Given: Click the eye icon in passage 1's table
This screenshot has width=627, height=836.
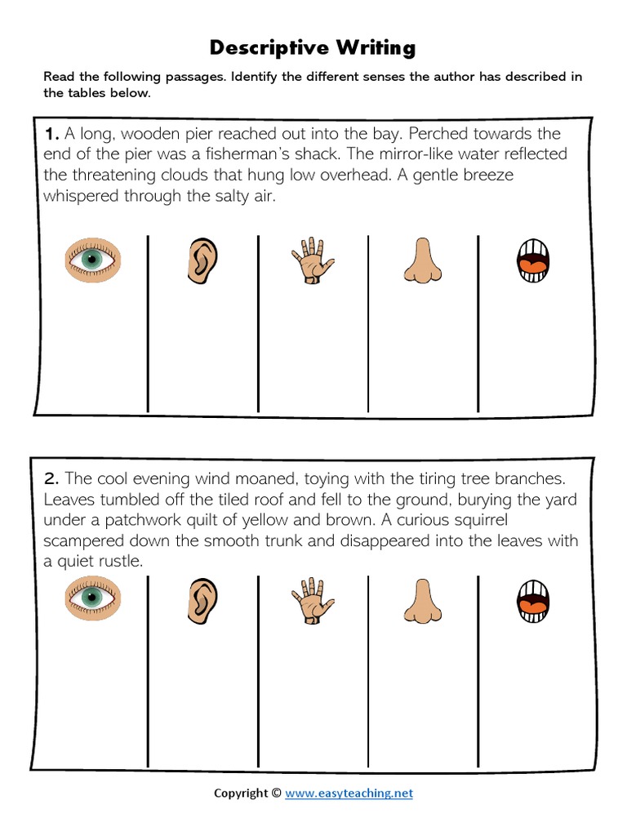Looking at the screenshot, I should [92, 260].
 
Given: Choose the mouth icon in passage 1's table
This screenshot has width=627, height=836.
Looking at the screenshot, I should [532, 260].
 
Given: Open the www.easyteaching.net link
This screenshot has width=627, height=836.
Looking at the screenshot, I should [349, 793].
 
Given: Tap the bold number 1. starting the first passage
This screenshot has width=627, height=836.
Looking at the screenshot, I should [52, 133].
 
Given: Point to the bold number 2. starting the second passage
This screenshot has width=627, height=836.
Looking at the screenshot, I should [52, 478].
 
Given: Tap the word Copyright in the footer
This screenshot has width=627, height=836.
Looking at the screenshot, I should [241, 793].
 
